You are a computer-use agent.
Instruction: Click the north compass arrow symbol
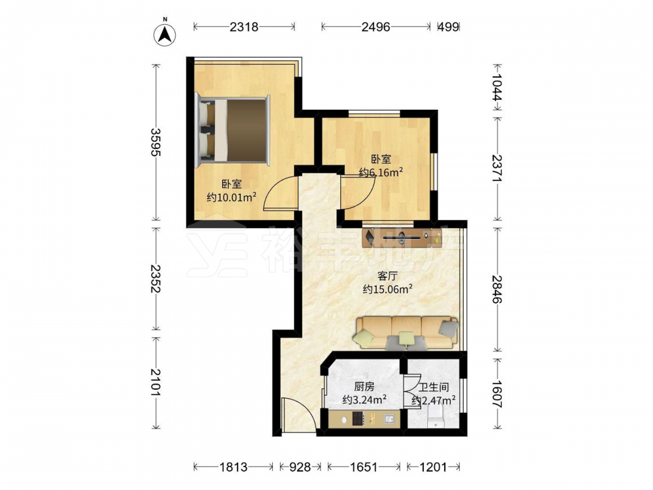point(165,34)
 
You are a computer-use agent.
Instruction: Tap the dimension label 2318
point(244,27)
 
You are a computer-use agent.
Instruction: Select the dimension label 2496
point(375,27)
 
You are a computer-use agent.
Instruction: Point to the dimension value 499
point(449,27)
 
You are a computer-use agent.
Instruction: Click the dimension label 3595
point(156,142)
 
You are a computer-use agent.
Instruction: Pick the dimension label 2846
point(498,289)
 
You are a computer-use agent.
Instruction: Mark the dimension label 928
point(300,467)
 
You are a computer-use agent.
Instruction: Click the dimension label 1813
point(233,467)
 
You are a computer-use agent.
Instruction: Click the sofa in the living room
point(406,333)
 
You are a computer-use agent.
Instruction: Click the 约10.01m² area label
point(232,197)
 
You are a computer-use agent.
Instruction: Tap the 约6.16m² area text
point(381,172)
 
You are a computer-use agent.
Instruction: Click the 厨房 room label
point(364,387)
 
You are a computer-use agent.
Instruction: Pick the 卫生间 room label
point(434,387)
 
